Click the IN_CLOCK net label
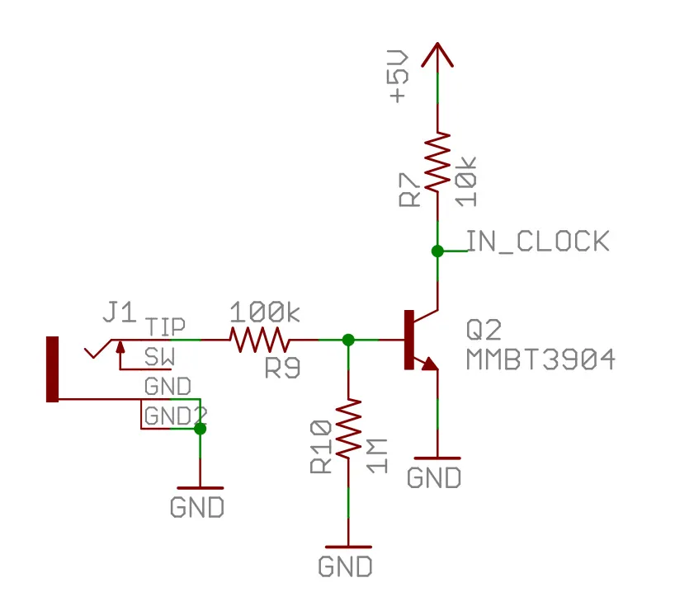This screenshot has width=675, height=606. coord(538,241)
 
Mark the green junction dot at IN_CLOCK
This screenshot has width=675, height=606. coord(437,250)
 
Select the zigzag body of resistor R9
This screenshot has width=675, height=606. coord(259,339)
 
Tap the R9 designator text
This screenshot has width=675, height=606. coord(282,369)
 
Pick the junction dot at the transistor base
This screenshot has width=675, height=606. coord(348,339)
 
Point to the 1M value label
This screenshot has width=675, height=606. coord(376,455)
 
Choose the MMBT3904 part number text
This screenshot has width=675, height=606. coord(540,360)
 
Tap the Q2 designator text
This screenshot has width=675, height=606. coord(484,331)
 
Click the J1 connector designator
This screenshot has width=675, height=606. coord(119,312)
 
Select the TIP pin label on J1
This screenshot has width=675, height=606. coord(165,326)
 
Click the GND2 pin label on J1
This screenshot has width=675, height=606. coord(173,416)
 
